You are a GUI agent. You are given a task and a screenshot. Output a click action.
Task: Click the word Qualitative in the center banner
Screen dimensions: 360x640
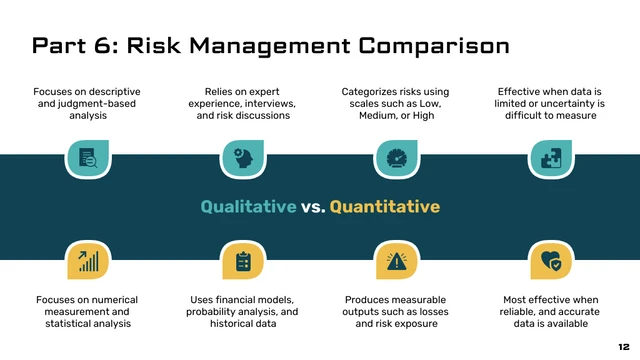point(248,207)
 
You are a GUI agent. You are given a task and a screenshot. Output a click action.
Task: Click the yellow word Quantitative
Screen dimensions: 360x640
point(385,207)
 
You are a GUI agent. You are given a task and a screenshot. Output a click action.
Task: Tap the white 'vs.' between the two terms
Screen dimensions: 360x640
point(313,207)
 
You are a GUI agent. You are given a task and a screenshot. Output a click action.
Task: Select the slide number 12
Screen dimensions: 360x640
point(623,346)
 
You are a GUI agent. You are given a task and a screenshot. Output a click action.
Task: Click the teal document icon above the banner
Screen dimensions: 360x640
point(87,158)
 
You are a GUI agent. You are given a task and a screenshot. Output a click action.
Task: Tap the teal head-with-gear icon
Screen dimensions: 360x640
point(241,158)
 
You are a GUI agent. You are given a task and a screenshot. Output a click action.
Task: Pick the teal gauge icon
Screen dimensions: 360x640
point(396,158)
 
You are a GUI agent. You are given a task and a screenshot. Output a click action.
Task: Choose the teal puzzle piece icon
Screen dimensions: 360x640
point(550,158)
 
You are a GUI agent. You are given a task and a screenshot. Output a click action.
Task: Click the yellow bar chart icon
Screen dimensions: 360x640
point(87,261)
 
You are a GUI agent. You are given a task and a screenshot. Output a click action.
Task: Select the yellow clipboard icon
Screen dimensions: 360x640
point(241,261)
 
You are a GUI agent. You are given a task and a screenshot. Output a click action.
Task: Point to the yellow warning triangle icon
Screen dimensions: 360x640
point(396,261)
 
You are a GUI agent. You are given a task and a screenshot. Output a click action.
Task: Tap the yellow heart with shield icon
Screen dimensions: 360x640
point(550,261)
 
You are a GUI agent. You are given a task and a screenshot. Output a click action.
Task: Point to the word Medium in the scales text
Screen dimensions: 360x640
point(379,115)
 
